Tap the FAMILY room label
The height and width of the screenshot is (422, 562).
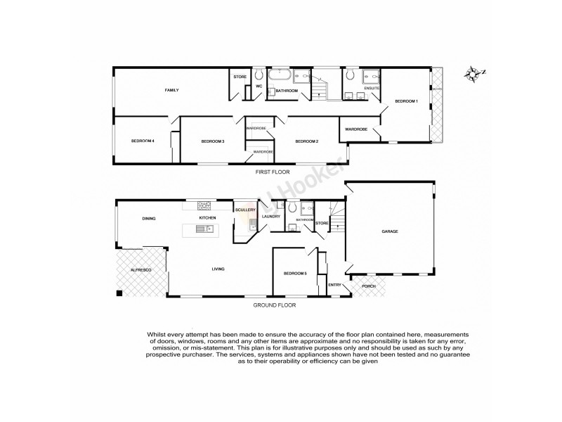(x=171, y=91)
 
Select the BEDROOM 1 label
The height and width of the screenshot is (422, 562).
(x=406, y=102)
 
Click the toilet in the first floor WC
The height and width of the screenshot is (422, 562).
(x=259, y=74)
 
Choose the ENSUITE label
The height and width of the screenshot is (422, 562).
(x=372, y=89)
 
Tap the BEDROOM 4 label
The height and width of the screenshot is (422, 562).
(x=143, y=141)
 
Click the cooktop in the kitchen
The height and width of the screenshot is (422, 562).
(x=204, y=206)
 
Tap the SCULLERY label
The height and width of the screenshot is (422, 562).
(x=246, y=210)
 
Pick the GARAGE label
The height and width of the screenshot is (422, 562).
(x=391, y=231)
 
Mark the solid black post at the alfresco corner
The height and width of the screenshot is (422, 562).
(x=119, y=293)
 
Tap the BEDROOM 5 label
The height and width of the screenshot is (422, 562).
(x=295, y=273)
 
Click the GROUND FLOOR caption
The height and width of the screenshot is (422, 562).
(x=275, y=305)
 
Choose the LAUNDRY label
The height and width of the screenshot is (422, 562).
(x=271, y=217)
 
